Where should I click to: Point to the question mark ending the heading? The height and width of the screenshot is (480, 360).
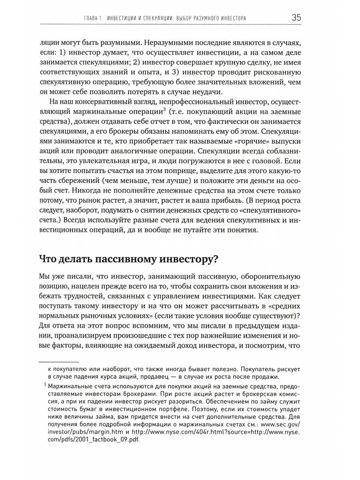pyautogui.click(x=214, y=258)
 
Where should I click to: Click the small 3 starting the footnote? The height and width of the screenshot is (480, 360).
pyautogui.click(x=45, y=385)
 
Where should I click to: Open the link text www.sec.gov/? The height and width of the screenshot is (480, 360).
pyautogui.click(x=281, y=424)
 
